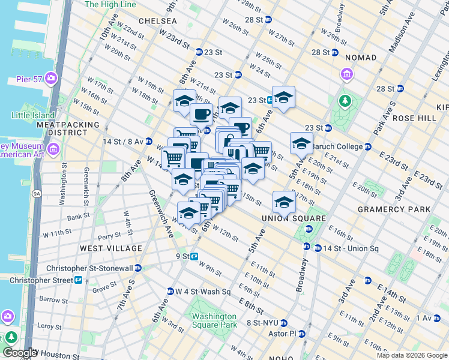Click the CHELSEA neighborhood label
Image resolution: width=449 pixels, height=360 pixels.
(158, 20)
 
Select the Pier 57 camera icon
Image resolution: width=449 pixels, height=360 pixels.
(51, 78)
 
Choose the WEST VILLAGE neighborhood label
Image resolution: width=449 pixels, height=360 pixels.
(111, 248)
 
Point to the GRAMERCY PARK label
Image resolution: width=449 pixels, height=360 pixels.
(394, 209)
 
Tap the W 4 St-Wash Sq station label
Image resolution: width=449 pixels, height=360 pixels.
(203, 292)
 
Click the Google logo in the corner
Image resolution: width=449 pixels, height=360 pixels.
(19, 353)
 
